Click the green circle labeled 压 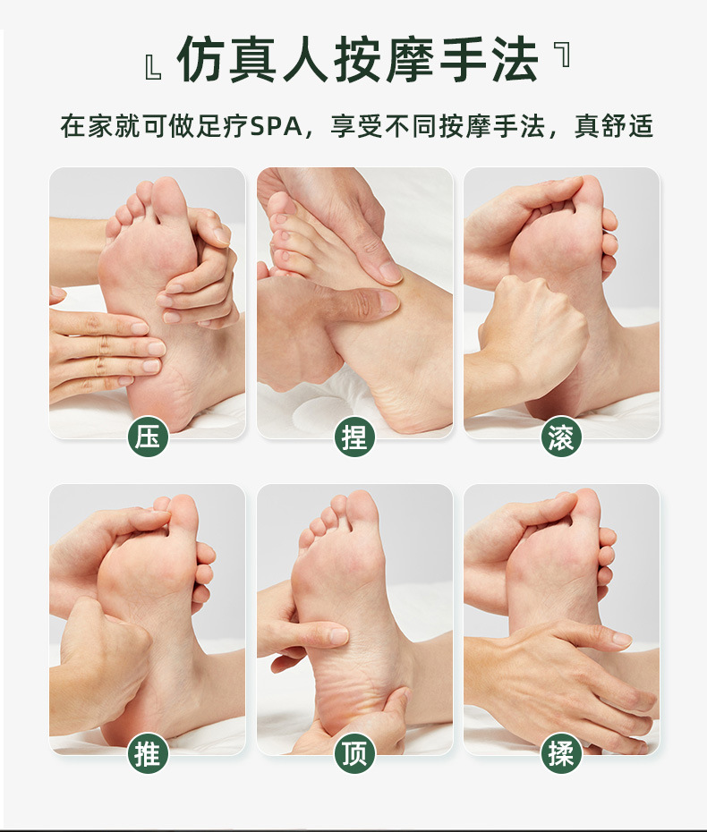(x=148, y=437)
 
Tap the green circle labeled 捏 (x=355, y=437)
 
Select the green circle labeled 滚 (x=562, y=437)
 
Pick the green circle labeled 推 (x=148, y=754)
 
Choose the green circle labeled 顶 (x=355, y=754)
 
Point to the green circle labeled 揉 (x=562, y=754)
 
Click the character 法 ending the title (x=514, y=61)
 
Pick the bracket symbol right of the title (x=562, y=55)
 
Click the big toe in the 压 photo (x=167, y=199)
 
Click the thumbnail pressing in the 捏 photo (x=388, y=301)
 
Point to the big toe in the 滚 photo (x=588, y=194)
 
